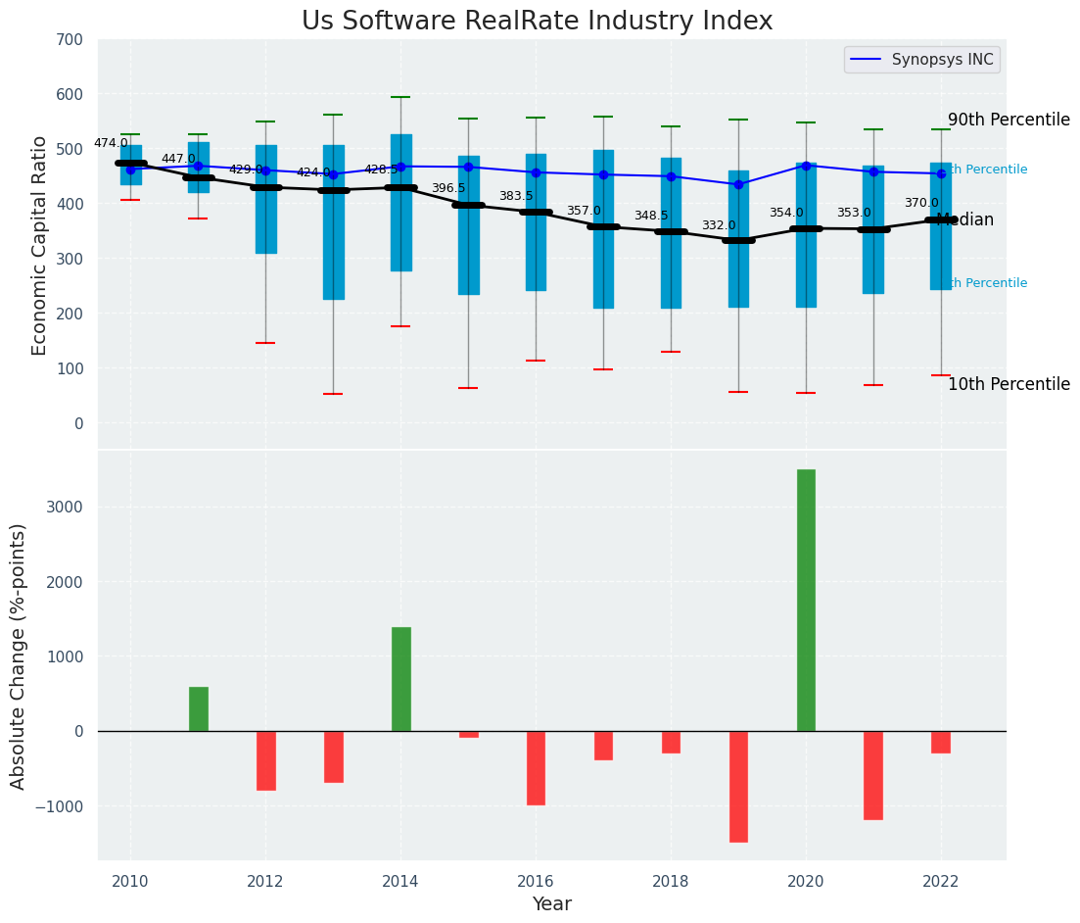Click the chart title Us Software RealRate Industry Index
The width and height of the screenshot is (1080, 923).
537,22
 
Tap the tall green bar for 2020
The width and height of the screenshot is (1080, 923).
806,600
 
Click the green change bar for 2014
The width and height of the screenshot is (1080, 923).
400,679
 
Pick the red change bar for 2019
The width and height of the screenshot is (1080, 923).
738,786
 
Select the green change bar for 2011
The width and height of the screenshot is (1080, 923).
198,708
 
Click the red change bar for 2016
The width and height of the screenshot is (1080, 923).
536,767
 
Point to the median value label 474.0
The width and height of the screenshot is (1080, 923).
111,143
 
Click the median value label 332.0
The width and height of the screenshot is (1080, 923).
719,225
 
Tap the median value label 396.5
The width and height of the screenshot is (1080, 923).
448,188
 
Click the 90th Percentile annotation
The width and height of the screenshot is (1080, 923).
1009,120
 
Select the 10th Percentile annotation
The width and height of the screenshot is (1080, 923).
1009,384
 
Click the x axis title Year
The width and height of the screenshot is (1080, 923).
551,904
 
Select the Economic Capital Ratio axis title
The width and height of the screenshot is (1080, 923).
40,245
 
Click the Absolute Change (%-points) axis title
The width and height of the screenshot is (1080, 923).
19,656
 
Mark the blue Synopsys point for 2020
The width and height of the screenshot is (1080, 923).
806,166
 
